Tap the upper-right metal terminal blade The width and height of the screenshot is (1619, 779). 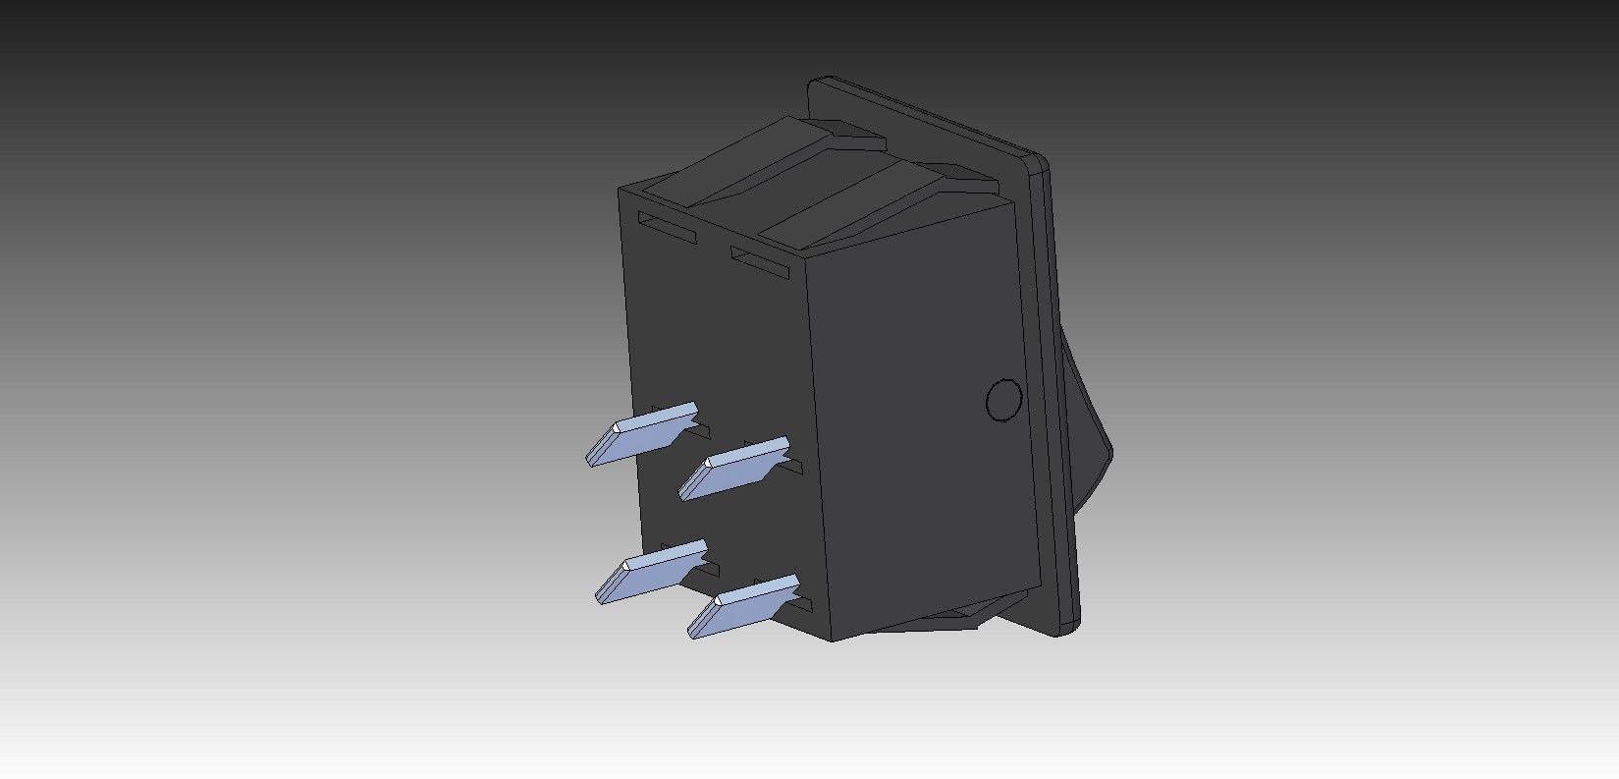point(734,468)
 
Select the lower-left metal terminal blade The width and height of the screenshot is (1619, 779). point(651,571)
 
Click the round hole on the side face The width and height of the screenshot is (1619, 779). point(1002,400)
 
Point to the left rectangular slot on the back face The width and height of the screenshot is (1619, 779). point(667,228)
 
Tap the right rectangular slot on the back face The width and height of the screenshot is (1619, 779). point(760,261)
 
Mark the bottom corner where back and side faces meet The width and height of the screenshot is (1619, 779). point(833,640)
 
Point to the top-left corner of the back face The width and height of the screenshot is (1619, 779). point(620,190)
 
